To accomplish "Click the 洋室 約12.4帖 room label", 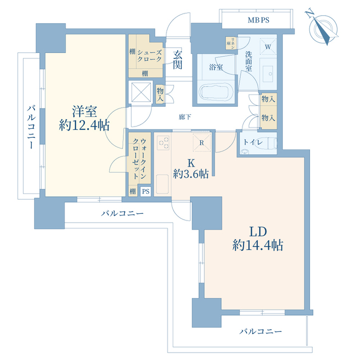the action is [84, 118].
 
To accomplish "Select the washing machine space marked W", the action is [268, 47].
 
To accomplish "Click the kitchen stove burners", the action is [163, 143].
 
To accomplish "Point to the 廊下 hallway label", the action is [185, 117].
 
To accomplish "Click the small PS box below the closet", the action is [146, 191].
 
